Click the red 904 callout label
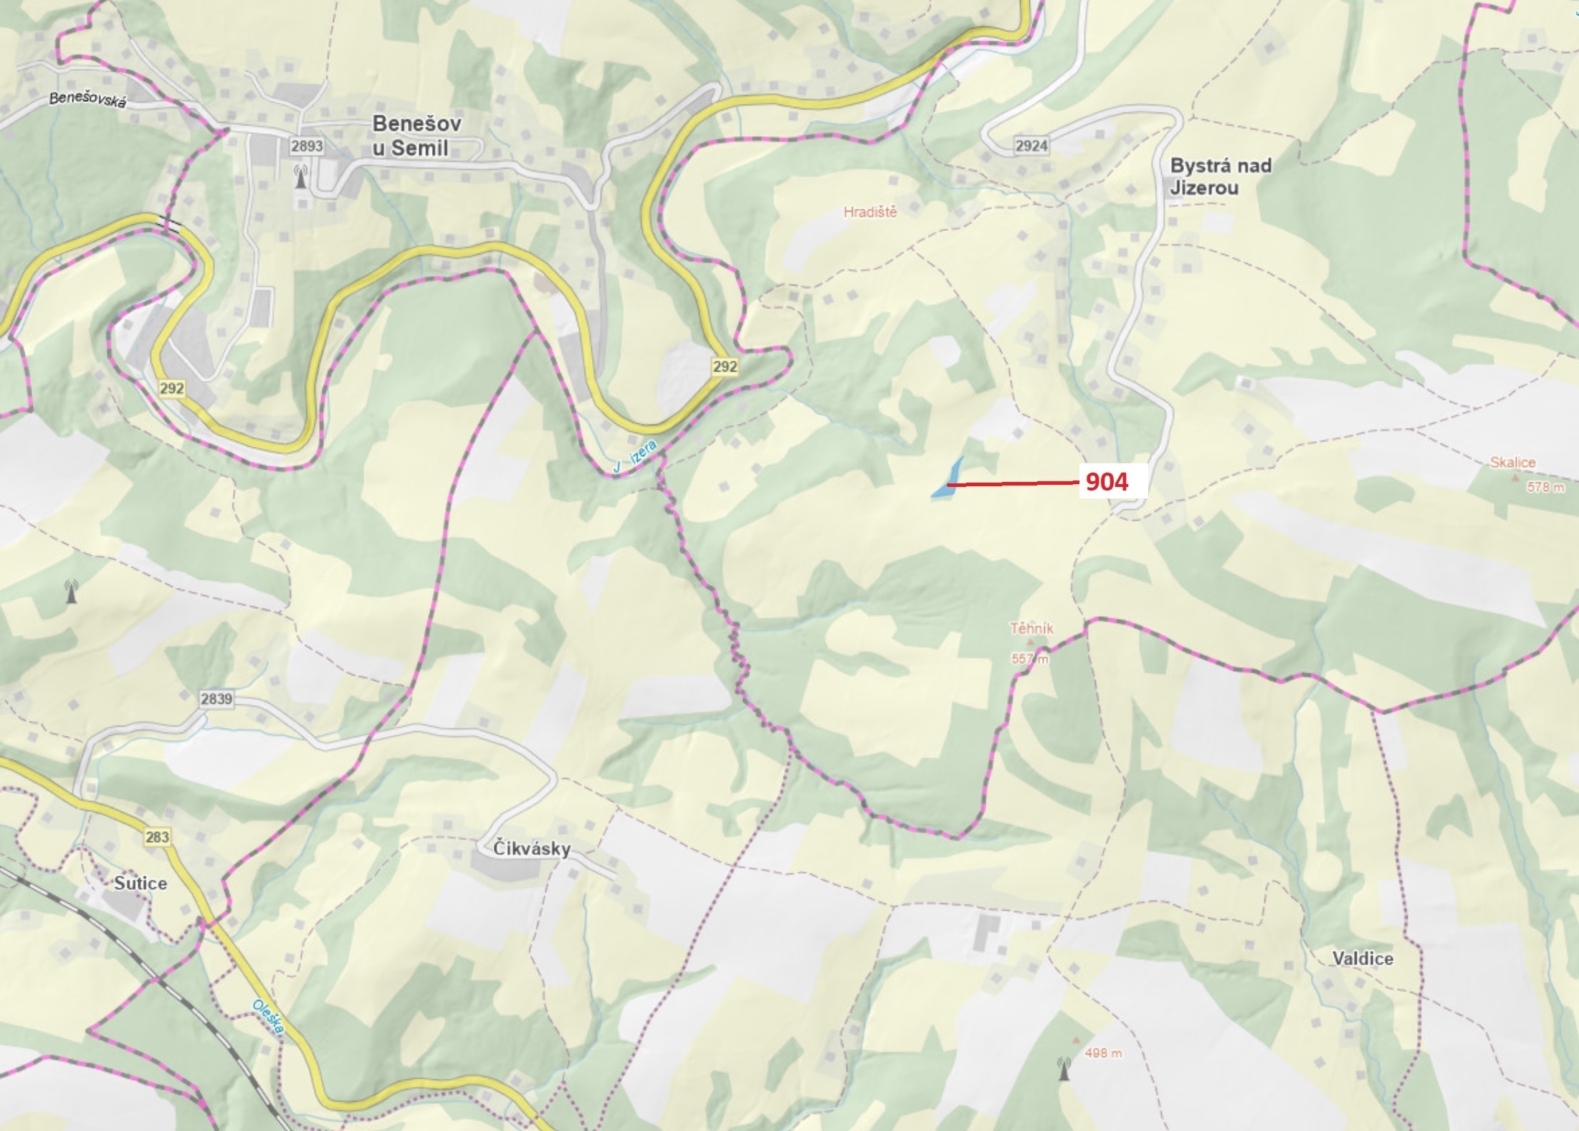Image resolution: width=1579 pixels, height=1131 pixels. tap(1107, 482)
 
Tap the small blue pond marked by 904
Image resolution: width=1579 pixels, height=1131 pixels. tap(948, 479)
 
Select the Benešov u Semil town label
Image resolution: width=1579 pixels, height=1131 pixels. tap(416, 136)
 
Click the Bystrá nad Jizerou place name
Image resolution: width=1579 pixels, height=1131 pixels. tap(1220, 176)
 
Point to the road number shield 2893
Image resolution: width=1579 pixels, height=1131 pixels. tap(307, 146)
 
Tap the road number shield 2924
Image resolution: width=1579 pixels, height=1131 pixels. tap(1031, 146)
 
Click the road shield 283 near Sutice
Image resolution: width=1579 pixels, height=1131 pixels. tap(157, 837)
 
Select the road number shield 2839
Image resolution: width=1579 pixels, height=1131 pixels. tap(216, 699)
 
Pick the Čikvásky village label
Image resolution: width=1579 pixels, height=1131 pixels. tap(532, 849)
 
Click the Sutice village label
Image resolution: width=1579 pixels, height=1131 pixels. tap(140, 884)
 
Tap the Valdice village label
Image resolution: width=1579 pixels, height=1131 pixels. tap(1363, 959)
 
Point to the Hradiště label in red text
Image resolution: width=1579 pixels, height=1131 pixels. tap(870, 212)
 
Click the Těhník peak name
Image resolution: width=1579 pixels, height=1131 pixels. tap(1031, 629)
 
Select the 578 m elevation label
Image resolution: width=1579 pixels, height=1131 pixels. tap(1545, 488)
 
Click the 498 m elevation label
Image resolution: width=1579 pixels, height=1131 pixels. tap(1103, 1054)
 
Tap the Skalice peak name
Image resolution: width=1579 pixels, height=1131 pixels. tap(1512, 463)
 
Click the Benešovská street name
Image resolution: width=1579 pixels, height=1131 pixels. tap(87, 100)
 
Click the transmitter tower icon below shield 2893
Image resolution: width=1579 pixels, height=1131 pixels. tap(301, 176)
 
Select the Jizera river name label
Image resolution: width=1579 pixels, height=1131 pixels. tap(635, 457)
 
